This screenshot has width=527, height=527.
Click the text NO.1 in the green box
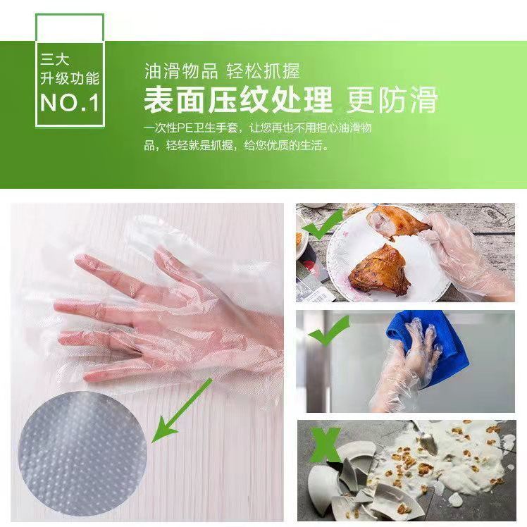[x=70, y=102]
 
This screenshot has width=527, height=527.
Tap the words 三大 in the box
[x=55, y=60]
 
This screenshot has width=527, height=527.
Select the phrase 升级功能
[x=70, y=78]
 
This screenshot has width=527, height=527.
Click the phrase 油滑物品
[x=181, y=71]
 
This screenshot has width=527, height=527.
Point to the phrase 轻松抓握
[x=263, y=71]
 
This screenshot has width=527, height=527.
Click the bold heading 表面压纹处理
[x=238, y=99]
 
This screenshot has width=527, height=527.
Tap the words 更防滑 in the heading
[x=392, y=99]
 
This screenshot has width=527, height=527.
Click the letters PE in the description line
[x=185, y=128]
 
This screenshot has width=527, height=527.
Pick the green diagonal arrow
[x=182, y=410]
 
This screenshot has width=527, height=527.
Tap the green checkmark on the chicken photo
[x=323, y=223]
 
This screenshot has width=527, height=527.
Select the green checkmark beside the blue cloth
[x=329, y=331]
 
